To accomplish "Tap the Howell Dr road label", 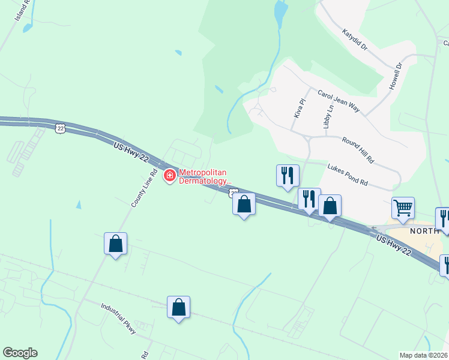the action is pos(394,76).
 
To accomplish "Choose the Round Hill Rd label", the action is pos(358,150).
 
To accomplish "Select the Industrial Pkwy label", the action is pos(118,319).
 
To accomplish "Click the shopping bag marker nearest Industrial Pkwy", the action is pos(178,308).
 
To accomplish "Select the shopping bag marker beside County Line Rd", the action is pos(115,244).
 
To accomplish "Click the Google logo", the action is pos(20,353).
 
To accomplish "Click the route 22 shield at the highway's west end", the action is pos(59,128).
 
